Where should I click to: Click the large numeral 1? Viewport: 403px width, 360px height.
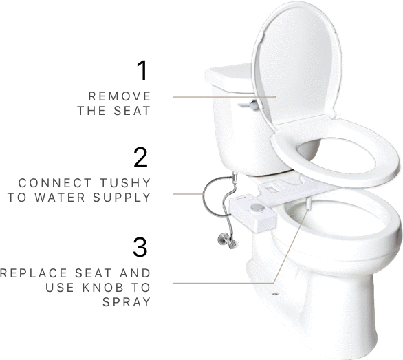coord(142,70)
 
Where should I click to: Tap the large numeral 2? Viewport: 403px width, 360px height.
coord(141,158)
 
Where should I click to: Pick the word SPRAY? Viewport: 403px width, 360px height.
coord(129,301)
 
